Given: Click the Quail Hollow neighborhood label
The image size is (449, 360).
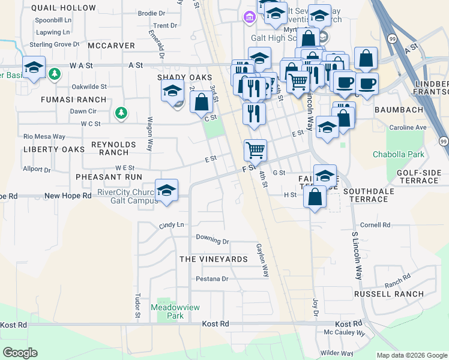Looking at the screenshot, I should pos(63,8).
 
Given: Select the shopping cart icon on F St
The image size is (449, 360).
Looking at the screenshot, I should pos(255,150).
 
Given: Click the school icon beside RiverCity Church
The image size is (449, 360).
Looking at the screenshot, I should pos(166,191).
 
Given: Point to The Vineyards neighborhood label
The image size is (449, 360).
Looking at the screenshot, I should pos(214,259).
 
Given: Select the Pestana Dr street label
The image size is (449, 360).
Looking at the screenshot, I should pos(212,279).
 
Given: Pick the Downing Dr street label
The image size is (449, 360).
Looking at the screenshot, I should pos(213,239).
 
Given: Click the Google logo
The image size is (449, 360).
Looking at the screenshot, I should pos(20,353).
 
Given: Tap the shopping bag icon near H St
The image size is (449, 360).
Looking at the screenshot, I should pos(315,196).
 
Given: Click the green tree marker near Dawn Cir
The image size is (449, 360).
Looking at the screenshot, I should pos(121,112).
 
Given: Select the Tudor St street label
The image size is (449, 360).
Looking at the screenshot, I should pos(137,305).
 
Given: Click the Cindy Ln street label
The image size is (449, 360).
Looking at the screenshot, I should pos(171,225).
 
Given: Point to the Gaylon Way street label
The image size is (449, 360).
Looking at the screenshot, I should pos(262,260).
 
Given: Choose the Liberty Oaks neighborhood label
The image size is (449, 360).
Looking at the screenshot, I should pos(45,149).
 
